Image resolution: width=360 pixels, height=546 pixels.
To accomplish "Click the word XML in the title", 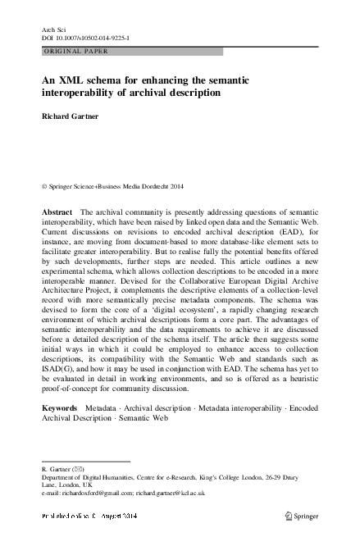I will (x=75, y=80).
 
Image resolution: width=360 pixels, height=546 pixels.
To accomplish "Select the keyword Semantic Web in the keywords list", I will (x=136, y=417).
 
